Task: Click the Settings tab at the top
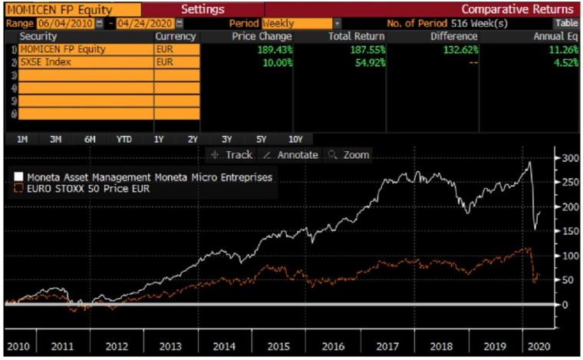pyautogui.click(x=203, y=9)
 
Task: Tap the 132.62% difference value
pyautogui.click(x=459, y=49)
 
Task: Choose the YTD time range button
pyautogui.click(x=124, y=140)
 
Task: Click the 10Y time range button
pyautogui.click(x=295, y=140)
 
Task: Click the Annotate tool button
pyautogui.click(x=290, y=155)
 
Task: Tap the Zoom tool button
pyautogui.click(x=349, y=155)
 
